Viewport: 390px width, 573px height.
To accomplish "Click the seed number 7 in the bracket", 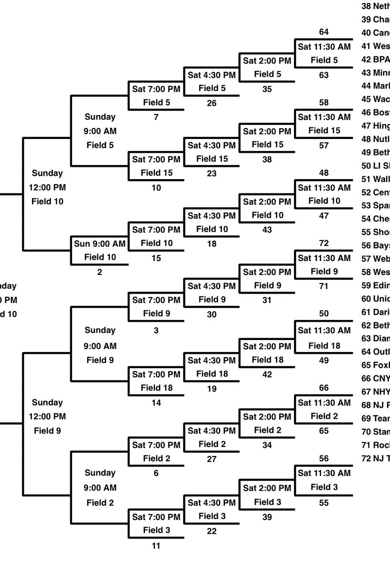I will (x=156, y=117).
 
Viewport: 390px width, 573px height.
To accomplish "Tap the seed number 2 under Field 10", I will (x=100, y=273).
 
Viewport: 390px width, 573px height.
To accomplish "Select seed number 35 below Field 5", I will (x=267, y=89).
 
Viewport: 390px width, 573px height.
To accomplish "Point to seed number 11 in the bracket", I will (x=156, y=546).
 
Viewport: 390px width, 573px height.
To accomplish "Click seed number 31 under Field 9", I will (x=267, y=300).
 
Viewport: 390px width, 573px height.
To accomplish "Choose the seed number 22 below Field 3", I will (x=211, y=531).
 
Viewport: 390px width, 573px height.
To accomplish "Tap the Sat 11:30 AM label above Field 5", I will (x=324, y=47).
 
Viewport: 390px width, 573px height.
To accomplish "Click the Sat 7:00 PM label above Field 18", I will (x=156, y=374).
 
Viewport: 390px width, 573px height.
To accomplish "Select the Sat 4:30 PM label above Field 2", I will (x=211, y=431).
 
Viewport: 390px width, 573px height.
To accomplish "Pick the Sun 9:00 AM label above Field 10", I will (x=100, y=244).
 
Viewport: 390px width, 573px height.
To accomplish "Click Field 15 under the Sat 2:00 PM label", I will (x=267, y=144).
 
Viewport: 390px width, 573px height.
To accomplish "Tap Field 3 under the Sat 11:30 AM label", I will (x=324, y=488).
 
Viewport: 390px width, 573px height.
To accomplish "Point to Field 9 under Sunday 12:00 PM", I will (x=48, y=431).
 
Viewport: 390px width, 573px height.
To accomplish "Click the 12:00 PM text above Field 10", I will (x=48, y=187).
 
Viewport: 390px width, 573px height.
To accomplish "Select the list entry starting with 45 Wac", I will (x=376, y=99).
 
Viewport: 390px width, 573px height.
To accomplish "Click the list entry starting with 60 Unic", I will (x=376, y=299).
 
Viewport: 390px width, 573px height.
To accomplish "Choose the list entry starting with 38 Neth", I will (x=376, y=6).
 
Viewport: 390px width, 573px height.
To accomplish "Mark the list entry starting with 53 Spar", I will (x=376, y=206).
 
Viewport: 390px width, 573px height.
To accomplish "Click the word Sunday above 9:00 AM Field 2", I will (x=100, y=473).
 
